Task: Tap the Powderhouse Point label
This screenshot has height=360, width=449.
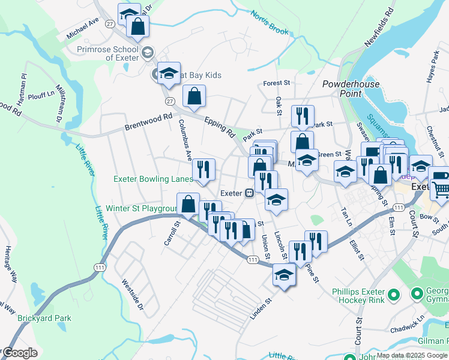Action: point(350,89)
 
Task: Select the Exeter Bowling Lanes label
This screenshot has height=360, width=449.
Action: point(153,179)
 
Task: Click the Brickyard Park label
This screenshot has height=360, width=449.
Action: point(44,319)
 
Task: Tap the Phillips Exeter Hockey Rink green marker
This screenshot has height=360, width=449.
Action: point(394,294)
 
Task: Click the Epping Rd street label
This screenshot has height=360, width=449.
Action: point(219,125)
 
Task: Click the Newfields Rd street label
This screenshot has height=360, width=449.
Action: point(380,25)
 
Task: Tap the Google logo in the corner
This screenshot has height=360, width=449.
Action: point(20,353)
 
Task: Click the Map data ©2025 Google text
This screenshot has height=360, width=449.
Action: point(412,355)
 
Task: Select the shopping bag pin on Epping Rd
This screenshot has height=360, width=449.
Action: point(194,95)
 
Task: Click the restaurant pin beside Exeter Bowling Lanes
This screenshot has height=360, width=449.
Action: point(203,169)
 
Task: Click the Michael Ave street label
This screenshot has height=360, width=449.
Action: point(82,29)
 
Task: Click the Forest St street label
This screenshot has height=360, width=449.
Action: point(277,83)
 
